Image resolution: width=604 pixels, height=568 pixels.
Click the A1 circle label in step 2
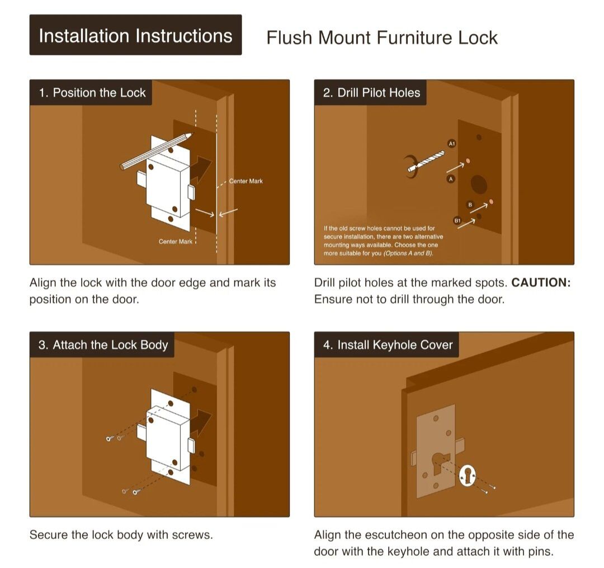pos(452,144)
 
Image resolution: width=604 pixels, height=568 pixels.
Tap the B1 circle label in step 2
pos(457,221)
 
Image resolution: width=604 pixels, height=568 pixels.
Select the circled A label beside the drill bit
pos(451,179)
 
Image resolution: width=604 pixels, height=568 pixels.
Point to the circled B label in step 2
pos(470,205)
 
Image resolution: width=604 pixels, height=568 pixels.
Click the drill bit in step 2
pos(426,162)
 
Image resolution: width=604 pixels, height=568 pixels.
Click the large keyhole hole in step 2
pos(479,184)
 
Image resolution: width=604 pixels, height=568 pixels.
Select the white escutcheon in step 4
pos(468,476)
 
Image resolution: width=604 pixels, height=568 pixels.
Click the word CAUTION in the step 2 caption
pos(541,283)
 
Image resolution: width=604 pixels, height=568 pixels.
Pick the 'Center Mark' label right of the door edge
pos(246,181)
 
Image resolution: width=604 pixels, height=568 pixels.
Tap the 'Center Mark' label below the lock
pos(175,242)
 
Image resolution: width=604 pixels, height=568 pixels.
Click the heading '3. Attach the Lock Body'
pos(103,344)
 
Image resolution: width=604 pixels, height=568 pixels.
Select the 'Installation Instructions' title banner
pos(135,35)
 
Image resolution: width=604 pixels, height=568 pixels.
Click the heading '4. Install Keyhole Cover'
pos(388,344)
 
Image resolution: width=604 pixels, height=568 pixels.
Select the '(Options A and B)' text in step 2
pos(408,253)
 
